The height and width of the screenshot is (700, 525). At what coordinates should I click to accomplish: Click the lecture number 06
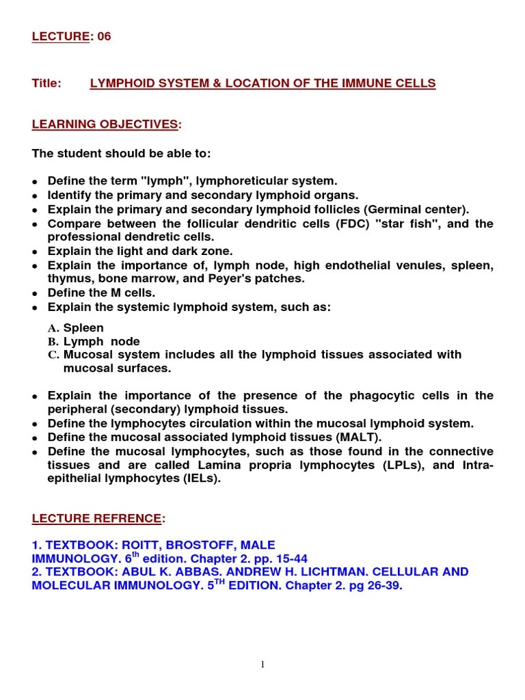coord(103,37)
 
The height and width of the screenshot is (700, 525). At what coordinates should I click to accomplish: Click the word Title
coord(46,83)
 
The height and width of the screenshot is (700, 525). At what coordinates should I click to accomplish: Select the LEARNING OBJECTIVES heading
coord(105,124)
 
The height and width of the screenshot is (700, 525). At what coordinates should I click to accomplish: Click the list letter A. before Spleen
coord(54,328)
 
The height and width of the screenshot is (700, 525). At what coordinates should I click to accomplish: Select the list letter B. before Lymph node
coord(54,342)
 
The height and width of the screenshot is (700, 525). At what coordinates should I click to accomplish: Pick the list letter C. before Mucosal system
coord(54,355)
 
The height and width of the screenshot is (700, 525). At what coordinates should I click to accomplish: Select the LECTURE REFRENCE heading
coord(98,519)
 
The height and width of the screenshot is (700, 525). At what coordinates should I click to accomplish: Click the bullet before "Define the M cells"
coord(35,294)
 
